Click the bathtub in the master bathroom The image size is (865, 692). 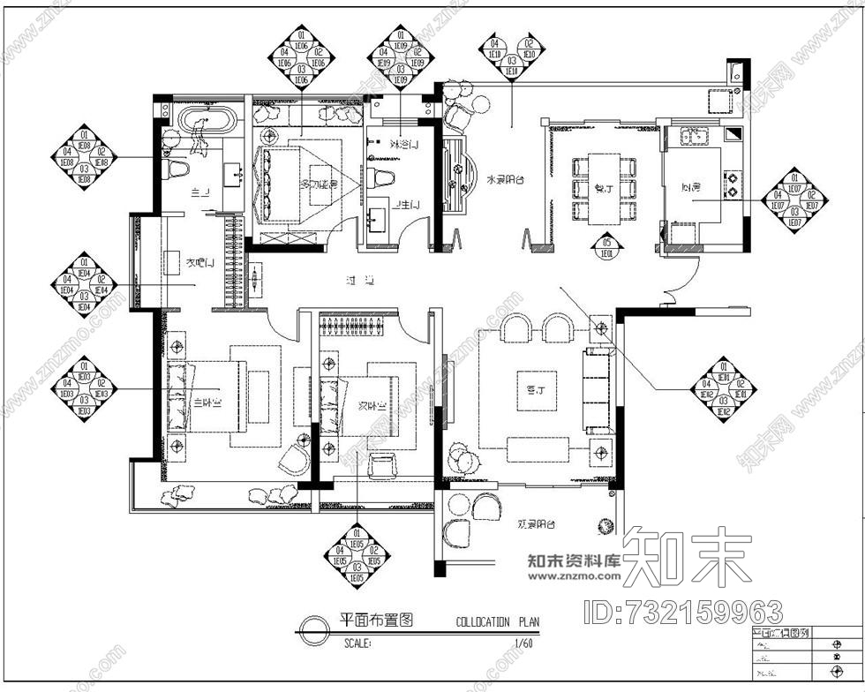click(x=208, y=121)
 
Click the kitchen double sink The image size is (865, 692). click(x=691, y=136)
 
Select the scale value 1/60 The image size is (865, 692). click(x=525, y=644)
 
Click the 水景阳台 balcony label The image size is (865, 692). click(x=505, y=180)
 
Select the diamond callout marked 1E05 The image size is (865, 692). click(x=357, y=559)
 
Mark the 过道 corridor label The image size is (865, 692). click(x=360, y=281)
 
